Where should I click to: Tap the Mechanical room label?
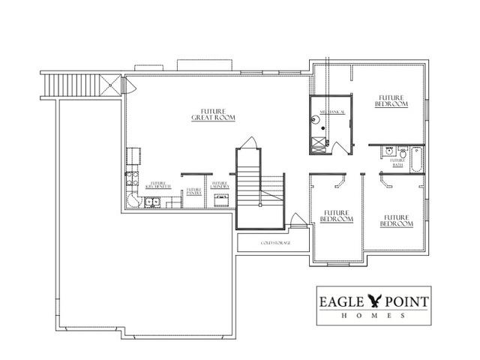click(332, 112)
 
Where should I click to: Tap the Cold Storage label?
click(274, 244)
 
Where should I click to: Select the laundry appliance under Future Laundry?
click(221, 200)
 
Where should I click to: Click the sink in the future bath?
click(389, 151)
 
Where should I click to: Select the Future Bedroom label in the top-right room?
click(392, 100)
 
